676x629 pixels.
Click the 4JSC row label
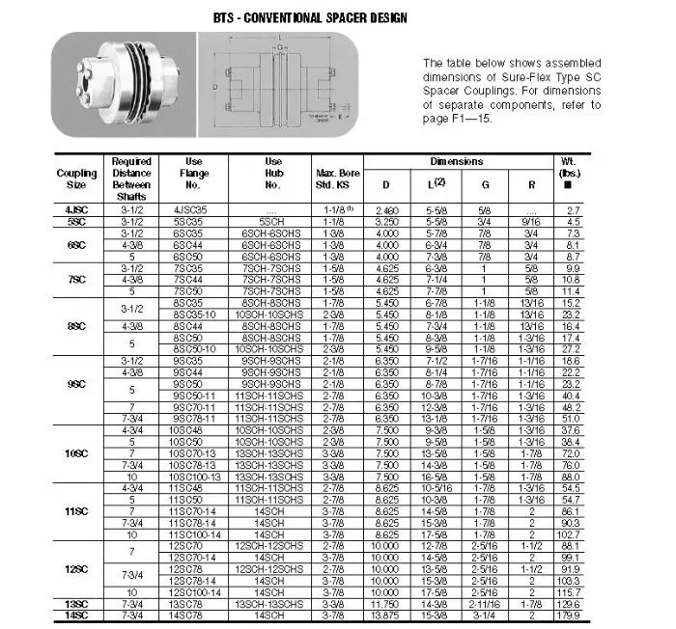coord(77,208)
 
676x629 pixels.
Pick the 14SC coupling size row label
coord(76,615)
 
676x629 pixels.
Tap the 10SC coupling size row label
coord(76,452)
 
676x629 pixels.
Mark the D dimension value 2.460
coord(386,208)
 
